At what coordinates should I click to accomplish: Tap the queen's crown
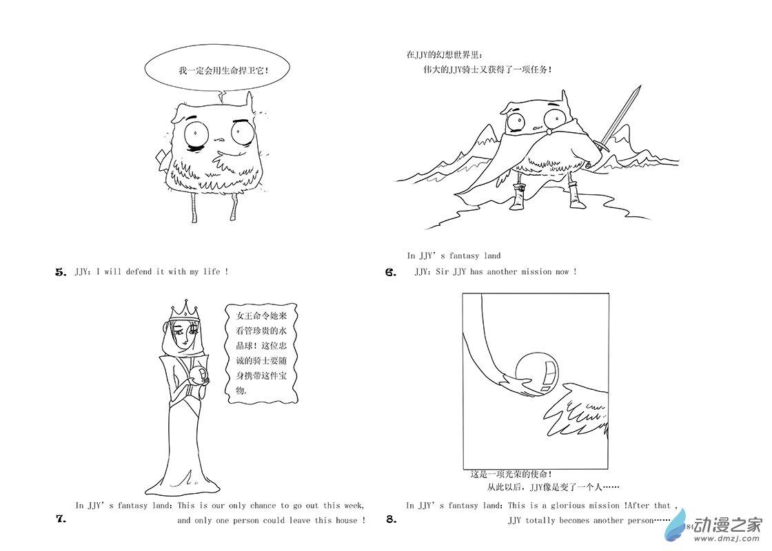(185, 309)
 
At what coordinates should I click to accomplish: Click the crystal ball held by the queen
(201, 375)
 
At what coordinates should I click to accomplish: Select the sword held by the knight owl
(617, 118)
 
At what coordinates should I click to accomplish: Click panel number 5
(61, 271)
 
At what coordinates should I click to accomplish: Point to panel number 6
(391, 271)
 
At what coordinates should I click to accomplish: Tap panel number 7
(61, 519)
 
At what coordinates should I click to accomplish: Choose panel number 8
(392, 519)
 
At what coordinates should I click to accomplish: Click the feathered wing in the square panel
(577, 409)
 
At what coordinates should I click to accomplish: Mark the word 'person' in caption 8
(640, 521)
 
